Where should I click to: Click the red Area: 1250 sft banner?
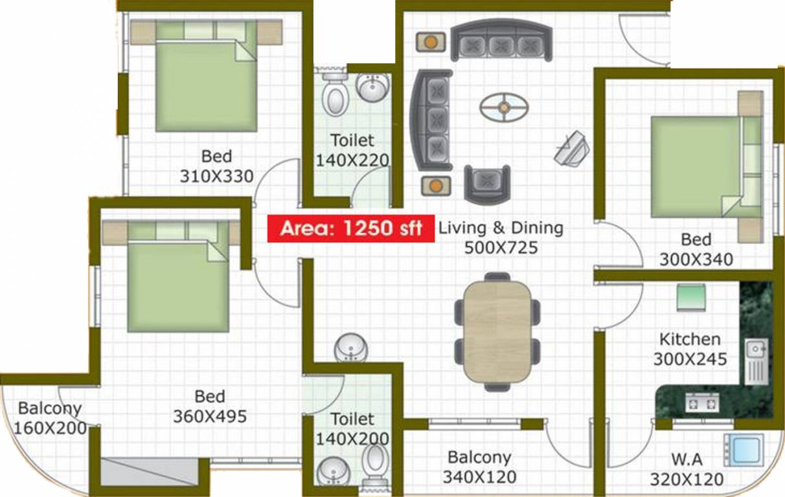coord(351,228)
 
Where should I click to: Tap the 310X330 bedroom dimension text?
coord(216,176)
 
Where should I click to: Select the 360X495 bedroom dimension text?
coord(209,416)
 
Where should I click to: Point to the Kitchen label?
coord(689,339)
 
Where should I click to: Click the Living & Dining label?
coord(501,228)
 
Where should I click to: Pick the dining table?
coord(497,331)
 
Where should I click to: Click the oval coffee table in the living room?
coord(504,106)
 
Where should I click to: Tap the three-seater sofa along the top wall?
coord(501,43)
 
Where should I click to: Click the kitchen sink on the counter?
coord(755,360)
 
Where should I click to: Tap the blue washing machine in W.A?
coord(744,449)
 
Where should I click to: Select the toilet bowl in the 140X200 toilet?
coord(375,460)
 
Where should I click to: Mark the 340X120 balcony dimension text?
coord(479,478)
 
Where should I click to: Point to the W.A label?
coord(687,459)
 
